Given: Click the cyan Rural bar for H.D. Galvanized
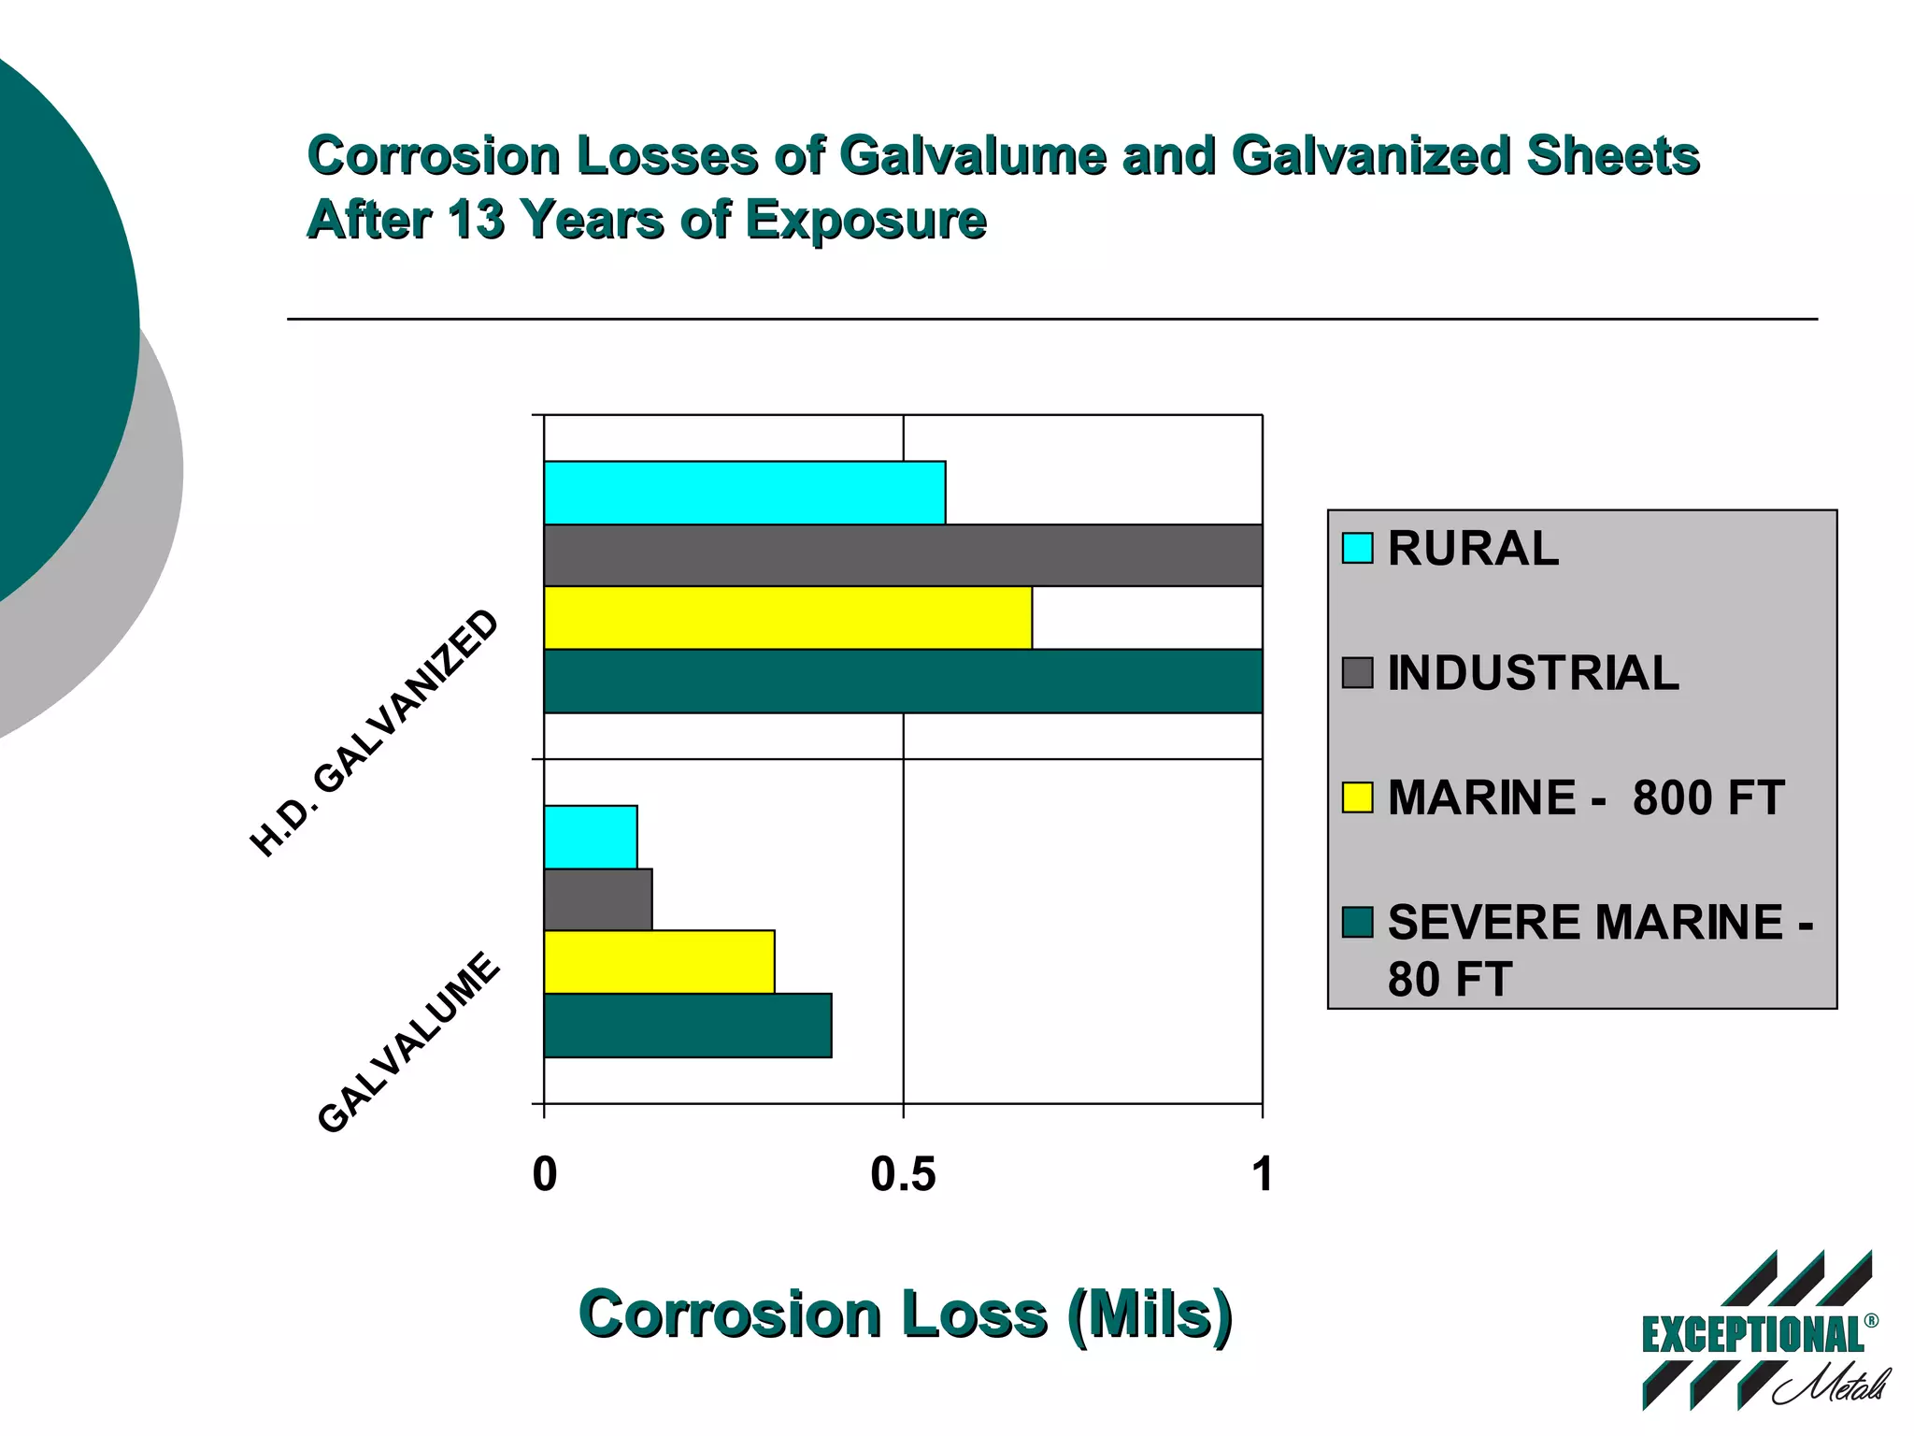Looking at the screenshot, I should tap(744, 493).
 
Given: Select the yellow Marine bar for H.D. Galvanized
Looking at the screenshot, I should tap(787, 618).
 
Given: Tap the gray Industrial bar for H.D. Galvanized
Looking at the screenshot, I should tap(902, 555).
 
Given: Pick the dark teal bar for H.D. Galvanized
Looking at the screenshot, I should tap(902, 682).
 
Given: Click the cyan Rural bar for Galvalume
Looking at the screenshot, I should tap(591, 837).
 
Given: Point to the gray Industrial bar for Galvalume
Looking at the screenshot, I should tap(598, 899).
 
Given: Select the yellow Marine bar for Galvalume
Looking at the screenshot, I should tap(659, 962).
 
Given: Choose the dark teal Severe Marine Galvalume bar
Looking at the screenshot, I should tap(687, 1026).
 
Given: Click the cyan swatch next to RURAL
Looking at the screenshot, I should tap(1357, 548).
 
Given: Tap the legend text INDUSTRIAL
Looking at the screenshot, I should tap(1533, 673).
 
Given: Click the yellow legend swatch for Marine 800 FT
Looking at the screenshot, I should tap(1357, 797).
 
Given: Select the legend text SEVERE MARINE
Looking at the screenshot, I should tap(1585, 923).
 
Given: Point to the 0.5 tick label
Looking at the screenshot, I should tap(903, 1174).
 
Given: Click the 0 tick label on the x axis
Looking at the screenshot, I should tap(544, 1174).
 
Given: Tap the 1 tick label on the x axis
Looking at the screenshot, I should tap(1262, 1174).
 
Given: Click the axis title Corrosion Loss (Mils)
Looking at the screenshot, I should tap(905, 1314).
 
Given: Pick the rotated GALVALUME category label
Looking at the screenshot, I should tap(408, 1041).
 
